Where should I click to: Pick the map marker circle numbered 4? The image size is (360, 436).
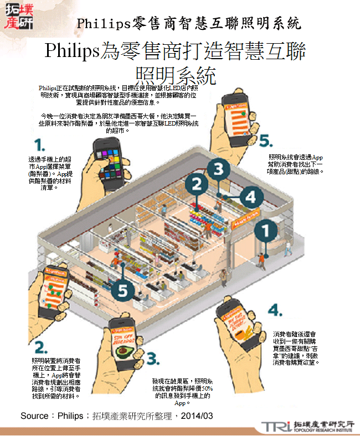pos(250,196)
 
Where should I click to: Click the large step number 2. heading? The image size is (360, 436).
pos(40,347)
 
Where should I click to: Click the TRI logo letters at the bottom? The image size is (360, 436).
pos(275,426)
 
